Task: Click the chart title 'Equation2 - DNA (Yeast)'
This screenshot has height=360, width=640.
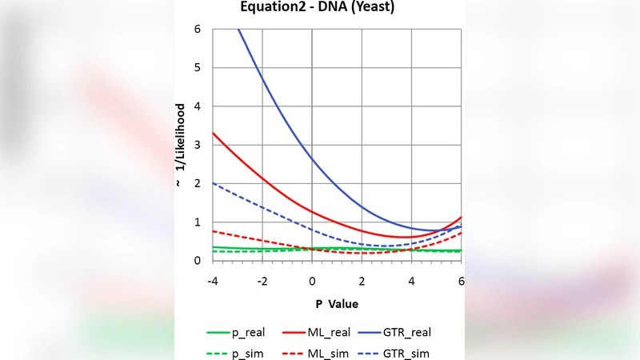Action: click(x=318, y=8)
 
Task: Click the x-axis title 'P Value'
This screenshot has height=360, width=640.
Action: click(x=336, y=304)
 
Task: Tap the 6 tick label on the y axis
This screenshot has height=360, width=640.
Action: click(x=196, y=30)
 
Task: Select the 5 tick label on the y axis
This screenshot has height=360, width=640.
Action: click(x=196, y=68)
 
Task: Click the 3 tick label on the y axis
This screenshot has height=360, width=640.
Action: click(x=196, y=146)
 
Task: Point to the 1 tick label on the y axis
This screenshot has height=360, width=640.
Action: click(x=196, y=222)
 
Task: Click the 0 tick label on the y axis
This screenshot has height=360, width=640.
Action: click(x=196, y=261)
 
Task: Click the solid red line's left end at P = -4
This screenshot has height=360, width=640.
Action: click(x=213, y=134)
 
